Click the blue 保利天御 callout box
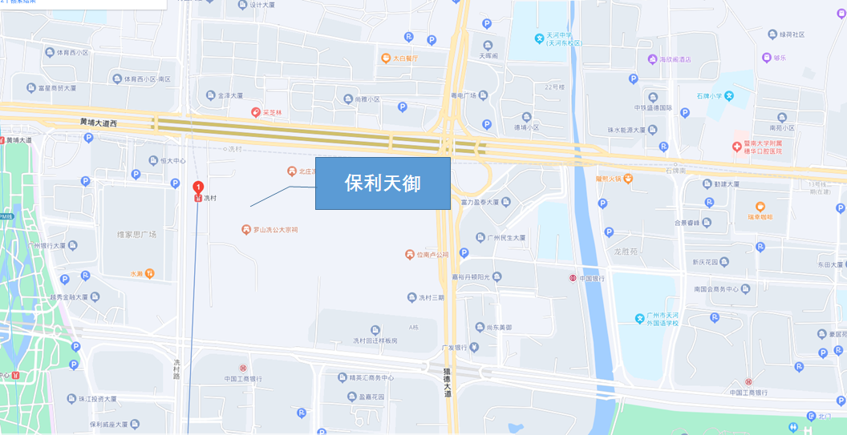383,183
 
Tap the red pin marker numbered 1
198,187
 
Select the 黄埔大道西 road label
99,123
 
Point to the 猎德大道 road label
448,382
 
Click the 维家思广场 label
136,235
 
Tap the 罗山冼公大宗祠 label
275,230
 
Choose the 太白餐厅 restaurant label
405,58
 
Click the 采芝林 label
272,113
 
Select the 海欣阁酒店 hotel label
675,59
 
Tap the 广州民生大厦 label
506,238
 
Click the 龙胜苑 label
625,251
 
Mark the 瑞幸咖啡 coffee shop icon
760,207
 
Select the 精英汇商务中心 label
371,378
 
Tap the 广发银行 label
454,348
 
